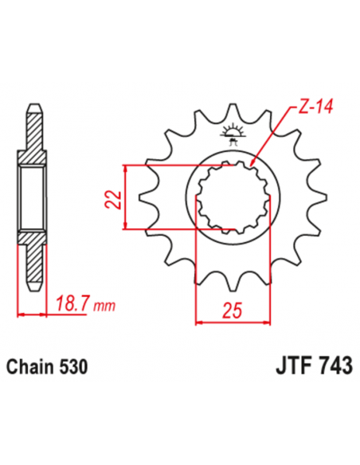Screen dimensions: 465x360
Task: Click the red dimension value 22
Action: click(x=113, y=197)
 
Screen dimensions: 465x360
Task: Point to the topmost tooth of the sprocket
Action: click(x=233, y=111)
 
